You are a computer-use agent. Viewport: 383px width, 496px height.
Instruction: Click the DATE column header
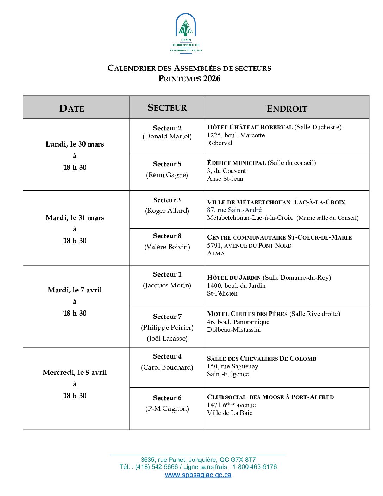tap(72, 108)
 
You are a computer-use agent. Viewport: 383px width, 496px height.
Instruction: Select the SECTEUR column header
tap(167, 107)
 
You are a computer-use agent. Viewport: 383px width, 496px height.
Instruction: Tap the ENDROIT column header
tap(287, 108)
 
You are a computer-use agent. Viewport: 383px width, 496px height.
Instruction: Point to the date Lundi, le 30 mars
tap(75, 144)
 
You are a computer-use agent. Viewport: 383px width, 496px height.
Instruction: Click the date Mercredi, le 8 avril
tap(75, 372)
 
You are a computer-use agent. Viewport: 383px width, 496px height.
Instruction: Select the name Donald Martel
tap(167, 136)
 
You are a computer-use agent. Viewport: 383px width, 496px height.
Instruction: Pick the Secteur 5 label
tap(167, 164)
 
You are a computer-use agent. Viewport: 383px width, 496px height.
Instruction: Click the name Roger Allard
tap(167, 211)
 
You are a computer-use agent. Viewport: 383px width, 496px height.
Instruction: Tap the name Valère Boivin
tap(167, 247)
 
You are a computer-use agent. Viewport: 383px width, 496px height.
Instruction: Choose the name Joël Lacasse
tap(167, 339)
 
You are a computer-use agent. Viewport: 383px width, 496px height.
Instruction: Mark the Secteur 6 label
tap(167, 398)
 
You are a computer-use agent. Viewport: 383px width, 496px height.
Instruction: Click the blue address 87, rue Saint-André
tap(234, 210)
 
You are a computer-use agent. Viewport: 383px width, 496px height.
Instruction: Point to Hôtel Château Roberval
tap(250, 127)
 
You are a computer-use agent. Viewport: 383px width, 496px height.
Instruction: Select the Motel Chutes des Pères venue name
tap(247, 314)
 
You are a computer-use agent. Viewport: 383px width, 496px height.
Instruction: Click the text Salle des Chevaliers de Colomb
tap(262, 359)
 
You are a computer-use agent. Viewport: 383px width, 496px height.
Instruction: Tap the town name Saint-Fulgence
tap(228, 374)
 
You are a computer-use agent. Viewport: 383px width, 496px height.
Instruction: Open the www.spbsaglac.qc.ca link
tap(198, 475)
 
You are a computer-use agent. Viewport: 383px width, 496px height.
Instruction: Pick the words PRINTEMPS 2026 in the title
tap(189, 79)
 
